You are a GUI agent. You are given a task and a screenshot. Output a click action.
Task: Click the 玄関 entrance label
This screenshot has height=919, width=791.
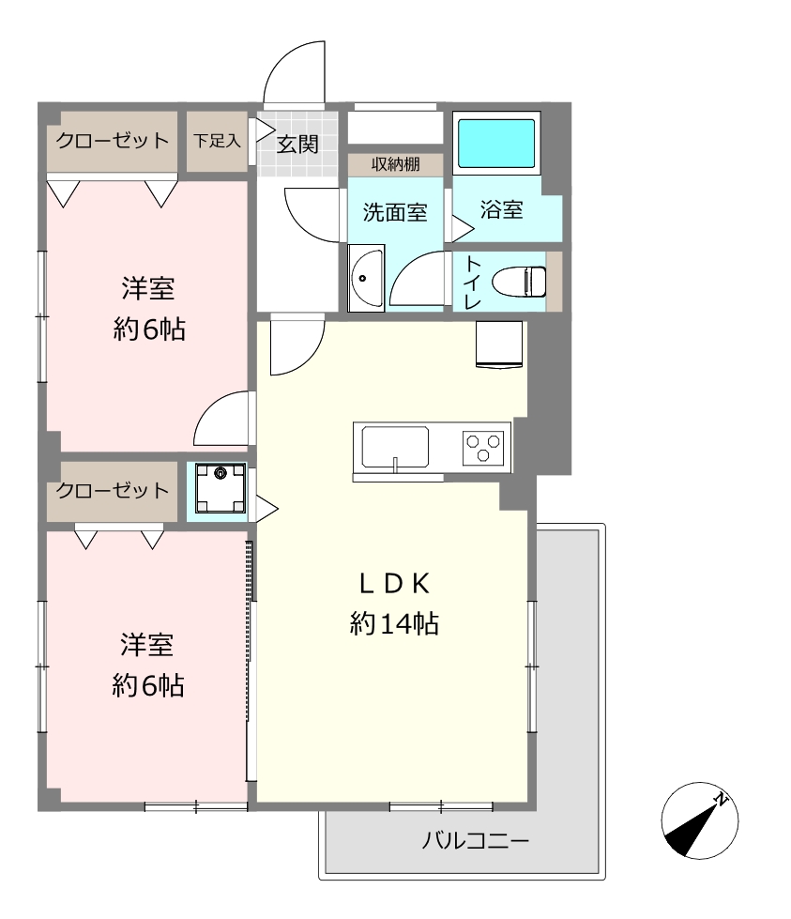[297, 145]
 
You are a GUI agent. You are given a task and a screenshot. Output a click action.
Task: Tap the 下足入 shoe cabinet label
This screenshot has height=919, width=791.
[217, 141]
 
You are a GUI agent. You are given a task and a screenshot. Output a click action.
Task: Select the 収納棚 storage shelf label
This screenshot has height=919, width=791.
[396, 164]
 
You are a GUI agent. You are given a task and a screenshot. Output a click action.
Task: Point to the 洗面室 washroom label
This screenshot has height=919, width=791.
[395, 212]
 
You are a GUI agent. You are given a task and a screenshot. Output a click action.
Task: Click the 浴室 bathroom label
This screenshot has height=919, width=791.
[502, 210]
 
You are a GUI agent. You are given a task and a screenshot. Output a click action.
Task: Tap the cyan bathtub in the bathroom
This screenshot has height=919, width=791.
[496, 144]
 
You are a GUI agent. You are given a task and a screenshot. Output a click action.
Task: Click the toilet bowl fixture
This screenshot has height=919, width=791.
[519, 282]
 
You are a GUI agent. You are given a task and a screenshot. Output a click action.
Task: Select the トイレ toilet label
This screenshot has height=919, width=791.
[472, 283]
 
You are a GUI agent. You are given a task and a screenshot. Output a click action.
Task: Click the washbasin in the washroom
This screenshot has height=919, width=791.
[366, 278]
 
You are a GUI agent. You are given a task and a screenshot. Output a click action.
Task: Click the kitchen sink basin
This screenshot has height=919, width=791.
[395, 447]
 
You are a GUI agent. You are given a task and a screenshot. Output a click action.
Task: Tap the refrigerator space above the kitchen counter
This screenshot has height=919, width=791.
[499, 345]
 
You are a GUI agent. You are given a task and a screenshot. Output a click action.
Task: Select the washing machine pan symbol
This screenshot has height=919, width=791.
[221, 487]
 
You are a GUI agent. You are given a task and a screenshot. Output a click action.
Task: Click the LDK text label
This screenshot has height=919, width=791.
[394, 584]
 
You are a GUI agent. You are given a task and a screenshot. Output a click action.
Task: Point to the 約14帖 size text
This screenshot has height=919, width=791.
[394, 623]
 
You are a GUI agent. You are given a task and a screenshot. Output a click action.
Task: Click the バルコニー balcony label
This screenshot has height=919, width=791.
[476, 841]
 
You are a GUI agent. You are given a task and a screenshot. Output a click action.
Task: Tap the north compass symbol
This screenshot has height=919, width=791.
[700, 820]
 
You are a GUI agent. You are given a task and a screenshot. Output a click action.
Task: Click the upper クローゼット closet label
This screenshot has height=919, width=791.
[113, 141]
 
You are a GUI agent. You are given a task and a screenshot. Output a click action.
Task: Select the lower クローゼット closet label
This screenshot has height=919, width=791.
[113, 491]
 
